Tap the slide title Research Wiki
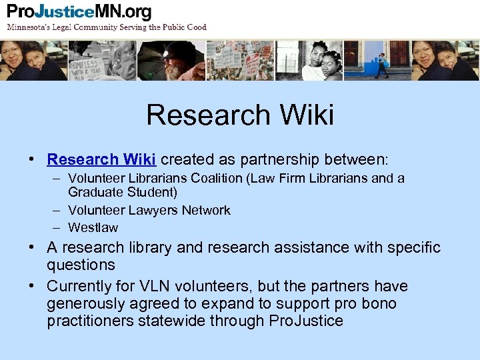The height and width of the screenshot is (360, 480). (x=240, y=115)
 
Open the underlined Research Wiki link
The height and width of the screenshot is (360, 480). (x=101, y=159)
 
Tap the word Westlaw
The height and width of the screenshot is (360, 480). (x=93, y=227)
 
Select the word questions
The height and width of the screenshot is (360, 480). (x=81, y=265)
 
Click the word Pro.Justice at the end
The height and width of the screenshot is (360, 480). (x=305, y=321)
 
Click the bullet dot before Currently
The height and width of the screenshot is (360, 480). (x=31, y=286)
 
